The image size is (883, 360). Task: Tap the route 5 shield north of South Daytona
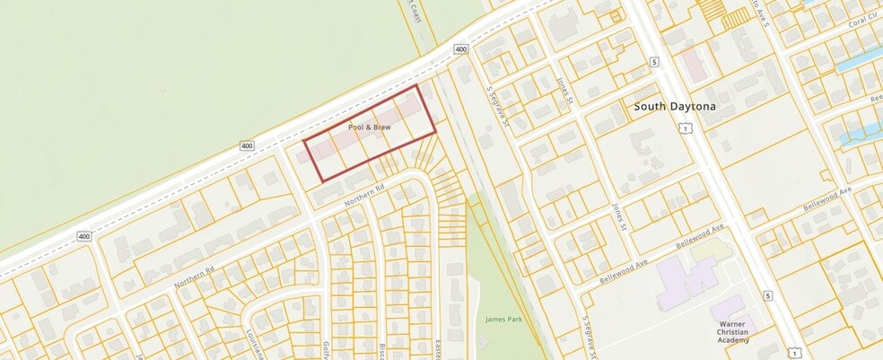click(655, 61)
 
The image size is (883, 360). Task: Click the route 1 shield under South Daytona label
click(686, 130)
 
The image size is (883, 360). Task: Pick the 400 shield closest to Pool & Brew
click(247, 145)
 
